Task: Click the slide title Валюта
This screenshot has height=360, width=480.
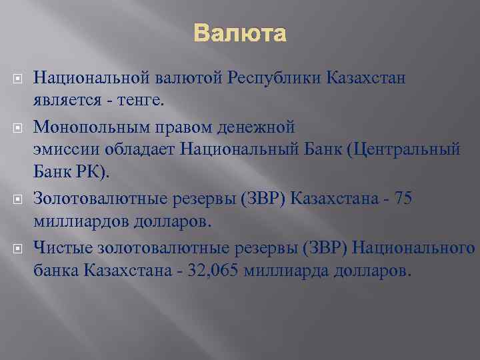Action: coord(240,33)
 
